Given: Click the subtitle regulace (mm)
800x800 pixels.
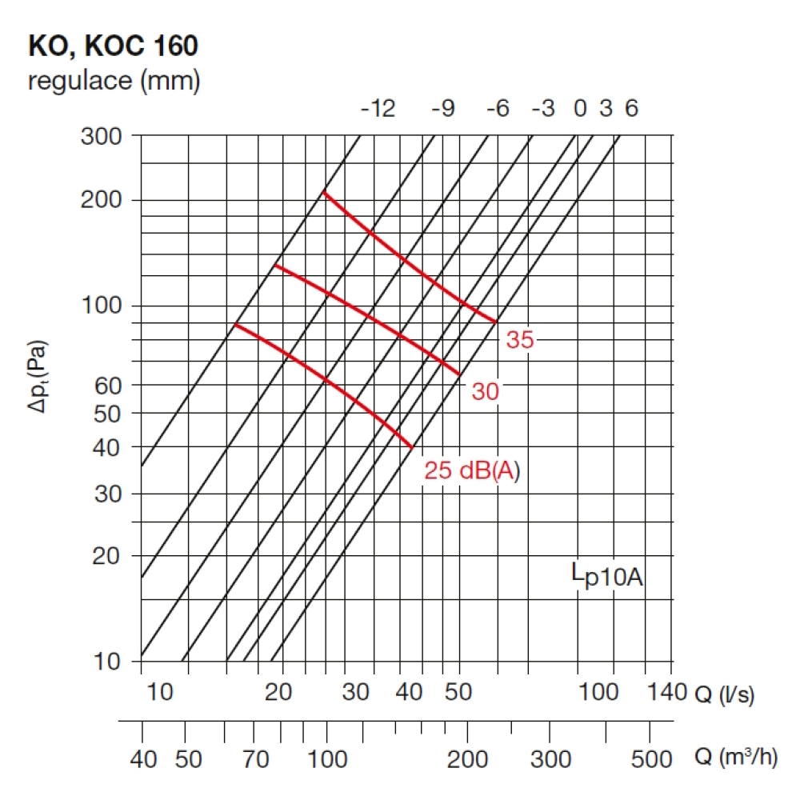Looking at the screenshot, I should point(113,81).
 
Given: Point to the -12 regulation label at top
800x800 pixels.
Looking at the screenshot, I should point(378,109).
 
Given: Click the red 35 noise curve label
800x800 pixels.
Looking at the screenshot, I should point(519,340).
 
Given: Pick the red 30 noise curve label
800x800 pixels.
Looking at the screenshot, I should point(485,391).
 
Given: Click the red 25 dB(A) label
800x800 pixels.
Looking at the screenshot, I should point(472,471).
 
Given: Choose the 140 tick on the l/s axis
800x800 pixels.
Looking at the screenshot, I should point(662,692).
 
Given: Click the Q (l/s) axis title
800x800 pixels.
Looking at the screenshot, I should point(723,692).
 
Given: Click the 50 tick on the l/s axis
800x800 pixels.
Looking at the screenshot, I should point(458,692).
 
